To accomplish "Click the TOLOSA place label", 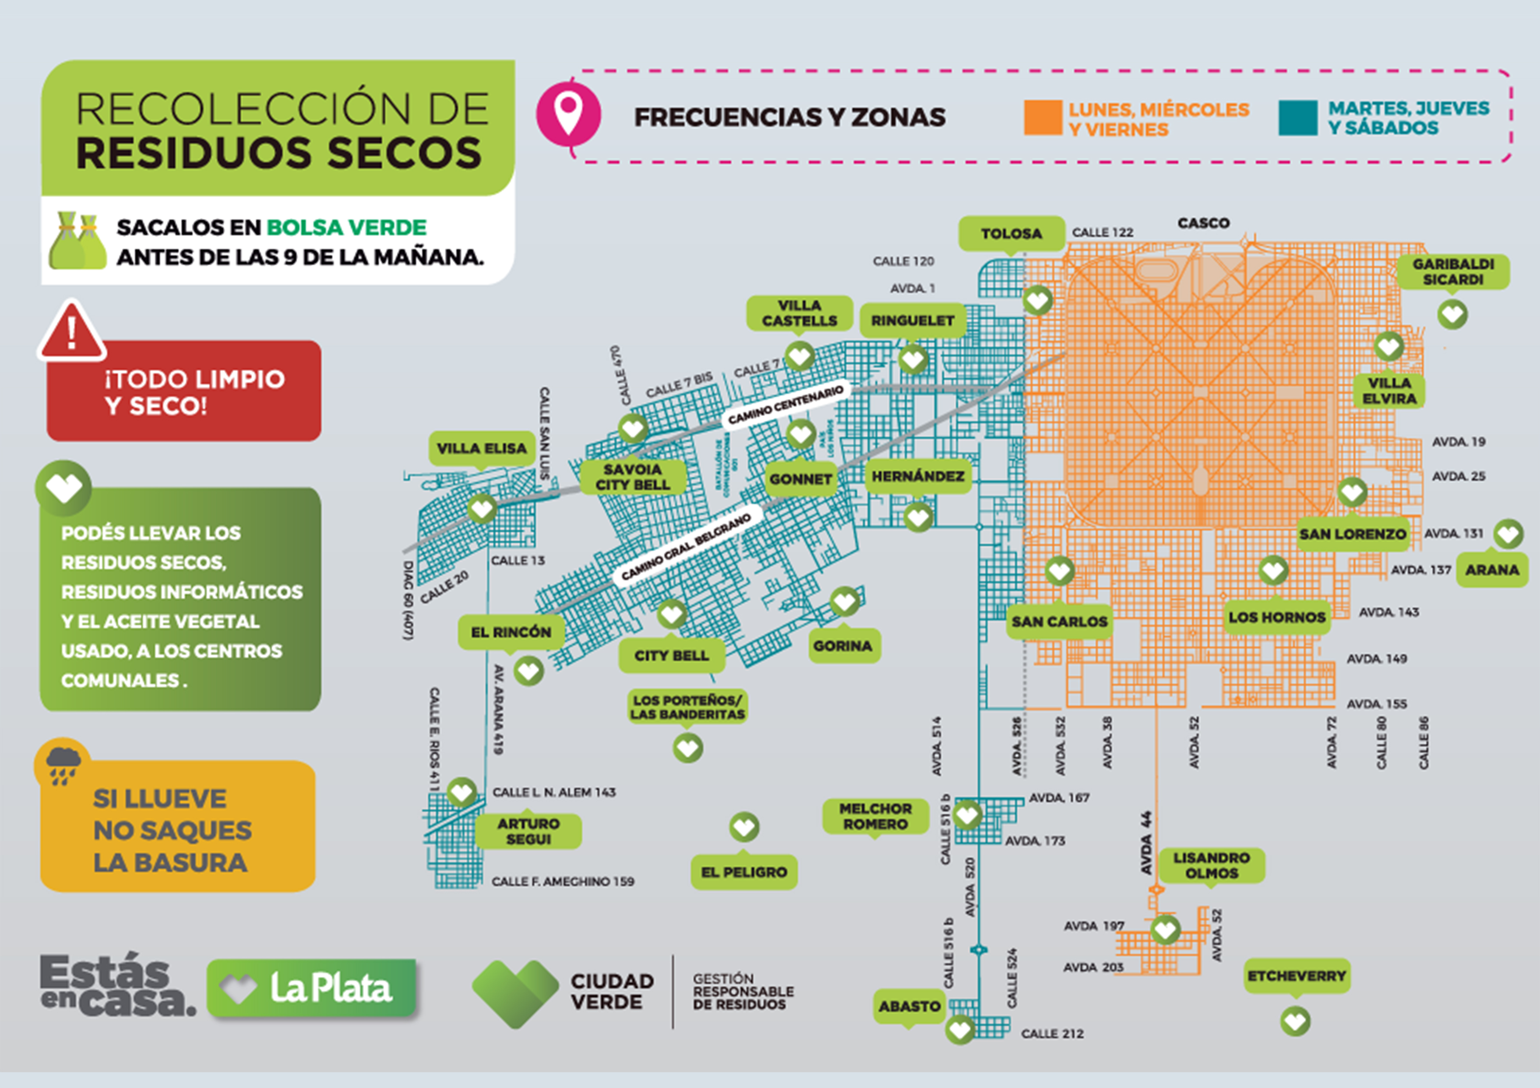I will click(1011, 233).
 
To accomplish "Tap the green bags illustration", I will click(77, 241).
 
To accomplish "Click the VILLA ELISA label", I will click(482, 448).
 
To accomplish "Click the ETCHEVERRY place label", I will click(1297, 976).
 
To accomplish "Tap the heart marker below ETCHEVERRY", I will click(1295, 1021).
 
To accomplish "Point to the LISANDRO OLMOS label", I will click(1211, 865).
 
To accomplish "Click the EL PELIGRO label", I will click(744, 872).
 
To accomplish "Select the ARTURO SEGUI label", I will click(528, 831).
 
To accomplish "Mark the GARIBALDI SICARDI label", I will click(1453, 272).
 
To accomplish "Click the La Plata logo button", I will click(312, 988).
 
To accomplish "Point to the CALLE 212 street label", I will click(1052, 1034).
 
